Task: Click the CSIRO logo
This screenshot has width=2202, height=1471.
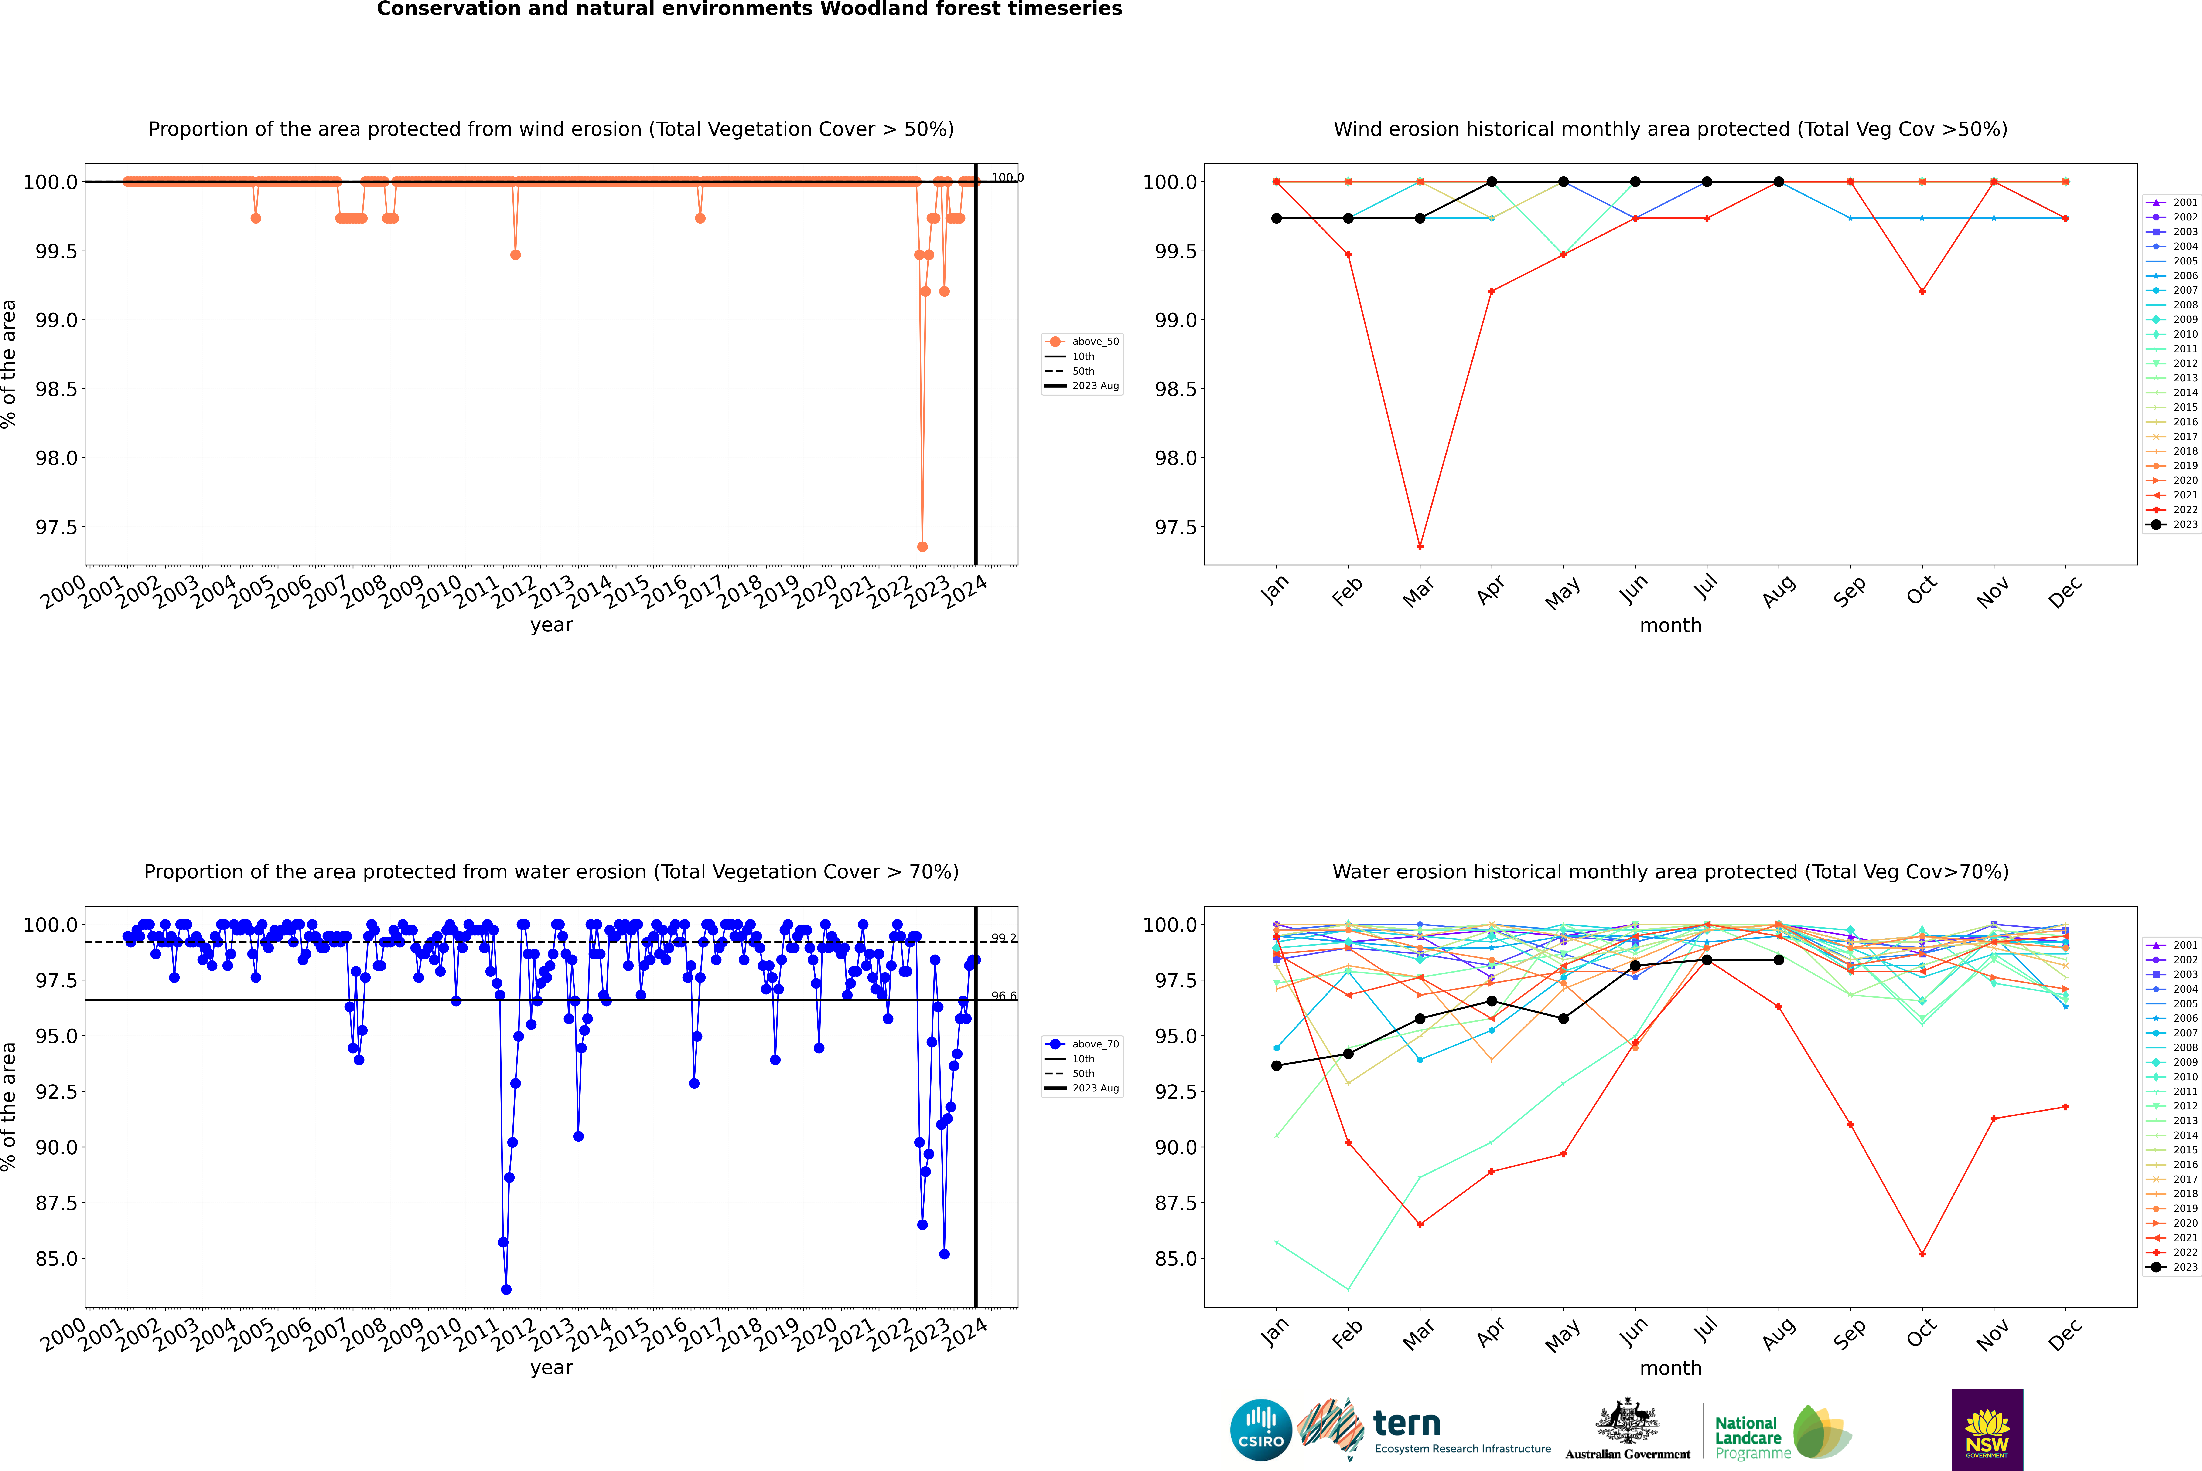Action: (1261, 1430)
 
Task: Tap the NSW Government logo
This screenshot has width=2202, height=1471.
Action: (1987, 1430)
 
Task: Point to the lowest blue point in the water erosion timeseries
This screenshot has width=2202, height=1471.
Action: (506, 1289)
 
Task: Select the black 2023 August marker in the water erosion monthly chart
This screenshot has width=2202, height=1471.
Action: (1779, 960)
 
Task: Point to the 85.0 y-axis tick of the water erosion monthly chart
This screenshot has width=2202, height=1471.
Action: (1175, 1258)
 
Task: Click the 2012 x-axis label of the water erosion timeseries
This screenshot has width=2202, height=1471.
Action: (514, 1334)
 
